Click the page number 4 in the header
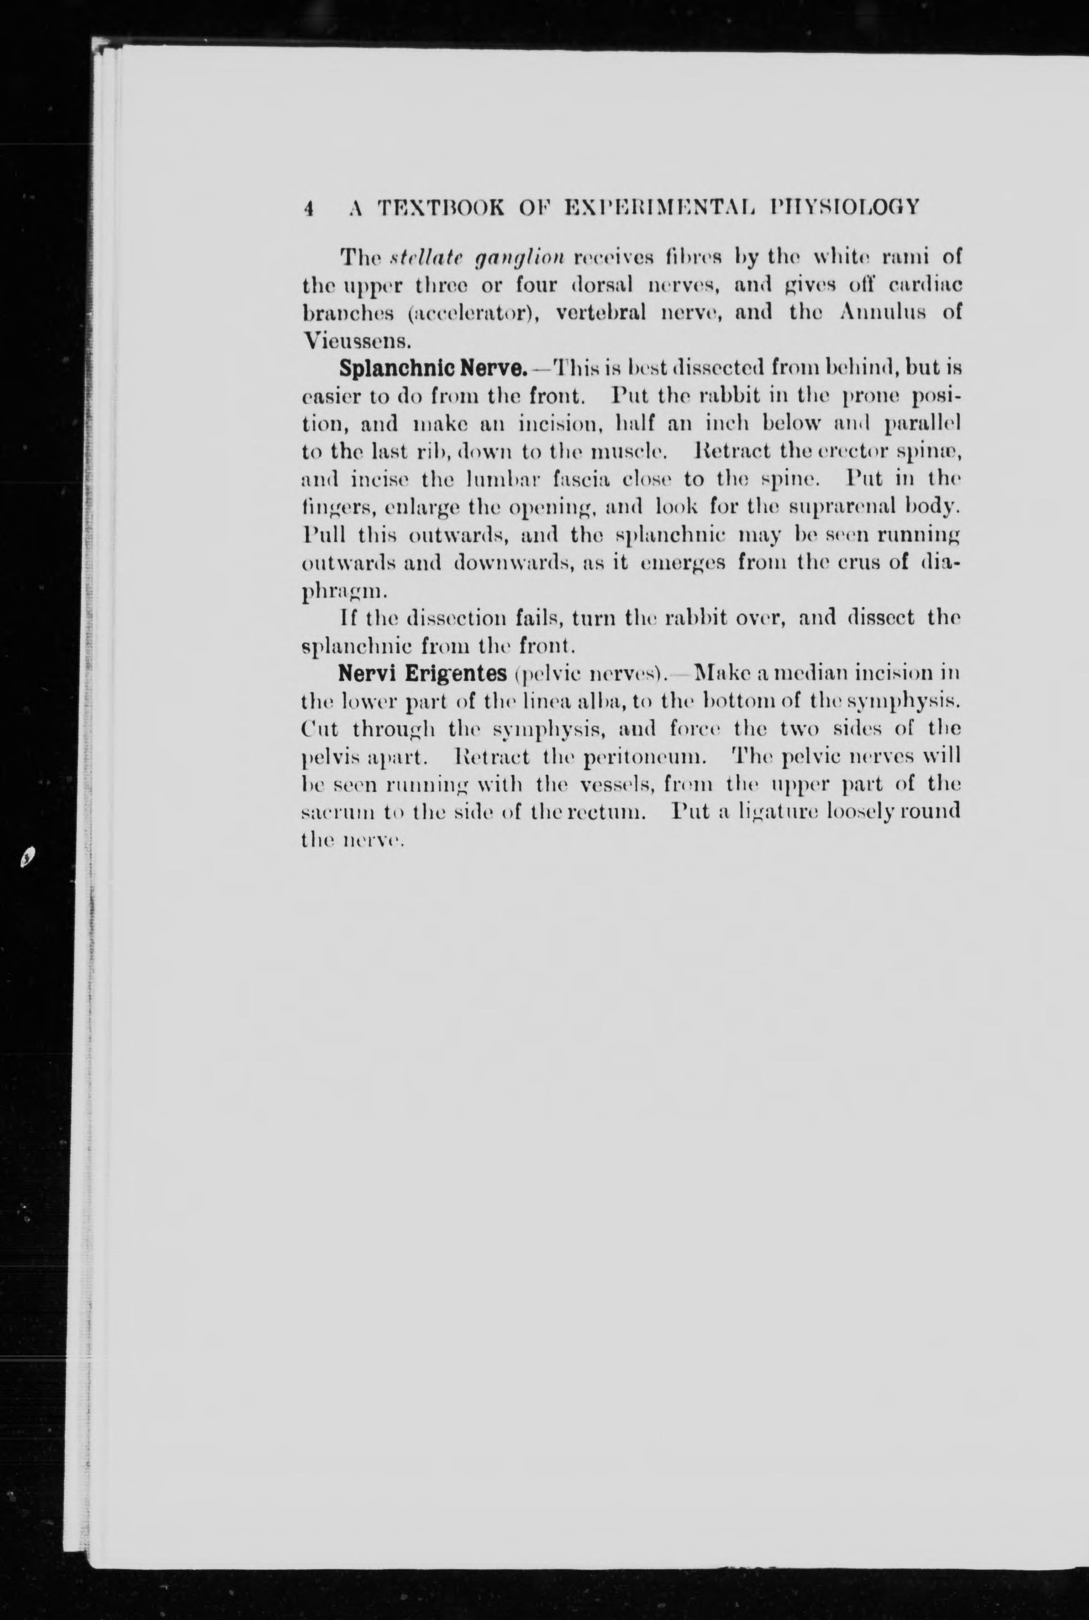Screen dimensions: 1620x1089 click(x=310, y=208)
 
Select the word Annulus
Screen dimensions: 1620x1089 click(x=881, y=312)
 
